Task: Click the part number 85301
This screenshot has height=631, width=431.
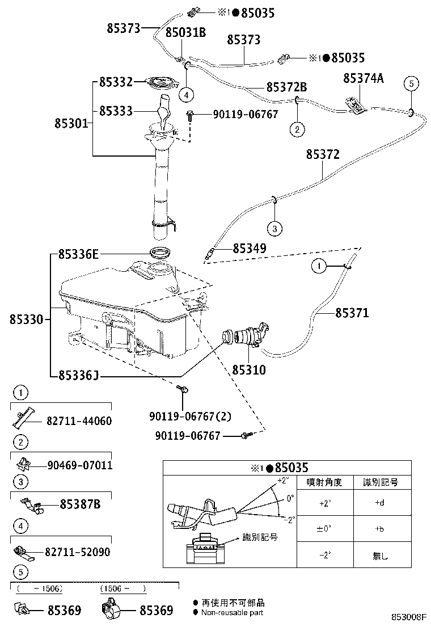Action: (71, 122)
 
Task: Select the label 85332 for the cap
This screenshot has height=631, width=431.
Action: (116, 82)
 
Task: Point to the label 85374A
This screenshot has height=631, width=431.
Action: (364, 79)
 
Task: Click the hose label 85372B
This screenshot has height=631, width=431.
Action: (286, 87)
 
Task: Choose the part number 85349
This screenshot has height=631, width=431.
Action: (249, 249)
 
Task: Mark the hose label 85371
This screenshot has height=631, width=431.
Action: (352, 313)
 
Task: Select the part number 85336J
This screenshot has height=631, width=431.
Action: (79, 375)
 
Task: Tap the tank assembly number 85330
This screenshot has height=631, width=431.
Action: (26, 320)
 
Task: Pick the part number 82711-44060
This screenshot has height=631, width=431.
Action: (79, 421)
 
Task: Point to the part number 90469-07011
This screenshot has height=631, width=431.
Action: (79, 466)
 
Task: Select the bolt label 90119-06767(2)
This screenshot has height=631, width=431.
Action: (191, 417)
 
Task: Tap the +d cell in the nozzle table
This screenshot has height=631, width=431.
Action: (379, 503)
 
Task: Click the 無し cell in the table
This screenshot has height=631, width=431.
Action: (379, 556)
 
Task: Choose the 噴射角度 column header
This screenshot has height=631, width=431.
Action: (324, 483)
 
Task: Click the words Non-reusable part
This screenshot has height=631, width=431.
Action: (233, 612)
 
